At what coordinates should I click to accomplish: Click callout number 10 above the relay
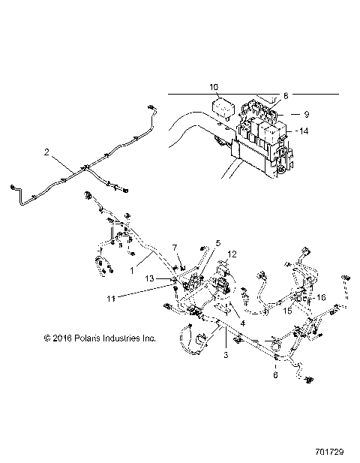(x=213, y=88)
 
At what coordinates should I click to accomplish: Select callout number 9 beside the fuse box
(x=306, y=114)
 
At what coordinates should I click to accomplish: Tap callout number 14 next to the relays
(x=304, y=131)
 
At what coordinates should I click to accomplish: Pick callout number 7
(x=175, y=247)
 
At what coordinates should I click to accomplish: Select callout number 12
(x=232, y=254)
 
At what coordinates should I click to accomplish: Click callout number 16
(x=320, y=298)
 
